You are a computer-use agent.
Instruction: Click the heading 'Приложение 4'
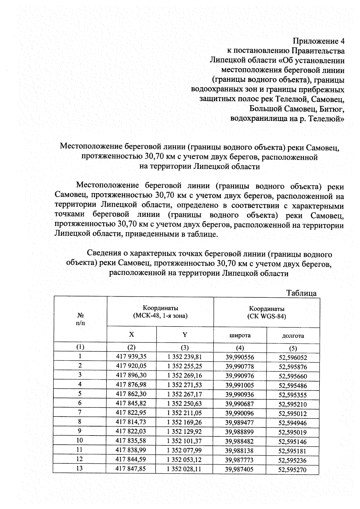[319, 41]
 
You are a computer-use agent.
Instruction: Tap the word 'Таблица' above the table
[301, 293]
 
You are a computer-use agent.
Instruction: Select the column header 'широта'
[240, 335]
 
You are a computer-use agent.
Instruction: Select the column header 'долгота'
[293, 336]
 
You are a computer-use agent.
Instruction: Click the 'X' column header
[131, 334]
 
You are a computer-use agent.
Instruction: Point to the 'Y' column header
[185, 335]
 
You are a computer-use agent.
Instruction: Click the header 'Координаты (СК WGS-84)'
[267, 312]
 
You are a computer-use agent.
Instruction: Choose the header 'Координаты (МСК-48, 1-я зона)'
[160, 312]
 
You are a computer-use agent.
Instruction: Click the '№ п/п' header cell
[80, 319]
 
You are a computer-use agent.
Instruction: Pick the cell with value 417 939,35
[131, 356]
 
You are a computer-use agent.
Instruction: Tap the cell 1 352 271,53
[184, 385]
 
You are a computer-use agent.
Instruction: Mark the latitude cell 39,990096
[239, 413]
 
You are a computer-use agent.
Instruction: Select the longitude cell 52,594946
[292, 423]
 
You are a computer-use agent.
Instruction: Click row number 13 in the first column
[79, 468]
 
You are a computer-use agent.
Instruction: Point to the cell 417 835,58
[131, 441]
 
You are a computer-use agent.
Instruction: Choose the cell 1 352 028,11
[184, 469]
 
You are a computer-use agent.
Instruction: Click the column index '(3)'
[184, 347]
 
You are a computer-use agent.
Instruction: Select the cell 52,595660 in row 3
[292, 376]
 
